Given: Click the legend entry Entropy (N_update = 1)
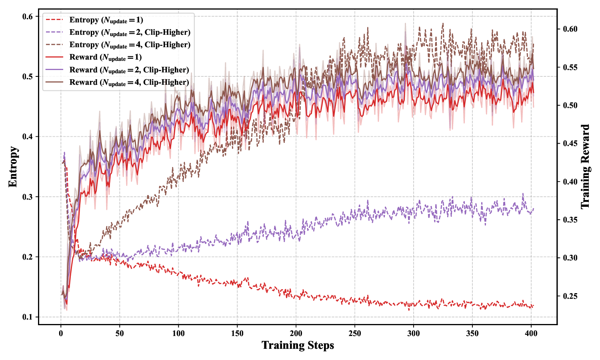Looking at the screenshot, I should click(x=106, y=20).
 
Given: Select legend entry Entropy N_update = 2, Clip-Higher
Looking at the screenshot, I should click(x=130, y=32).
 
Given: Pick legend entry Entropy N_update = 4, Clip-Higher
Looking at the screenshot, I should click(x=130, y=45).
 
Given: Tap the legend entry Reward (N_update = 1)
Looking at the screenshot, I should click(x=105, y=57).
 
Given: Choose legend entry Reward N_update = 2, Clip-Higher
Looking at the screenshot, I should click(x=129, y=70).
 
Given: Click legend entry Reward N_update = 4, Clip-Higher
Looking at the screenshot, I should click(x=129, y=82).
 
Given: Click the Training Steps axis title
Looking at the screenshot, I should click(x=298, y=345).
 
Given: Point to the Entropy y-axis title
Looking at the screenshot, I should click(x=13, y=166).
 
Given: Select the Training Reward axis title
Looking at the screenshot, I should click(x=585, y=166).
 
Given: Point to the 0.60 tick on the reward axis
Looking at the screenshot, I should click(x=570, y=29).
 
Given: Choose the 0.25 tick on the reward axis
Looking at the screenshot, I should click(x=570, y=296).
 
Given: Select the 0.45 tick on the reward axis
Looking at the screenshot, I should click(x=570, y=144).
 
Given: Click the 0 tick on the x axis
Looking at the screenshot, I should click(x=61, y=333).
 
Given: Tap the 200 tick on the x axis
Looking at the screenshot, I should click(x=296, y=333).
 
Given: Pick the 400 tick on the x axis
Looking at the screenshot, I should click(x=531, y=333).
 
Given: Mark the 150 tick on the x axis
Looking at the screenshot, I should click(x=237, y=333).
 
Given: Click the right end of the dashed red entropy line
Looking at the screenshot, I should click(x=534, y=306).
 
